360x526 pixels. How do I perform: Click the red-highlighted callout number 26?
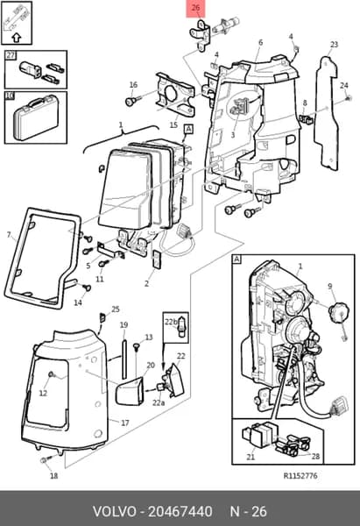point(195,7)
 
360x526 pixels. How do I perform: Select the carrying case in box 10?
point(35,117)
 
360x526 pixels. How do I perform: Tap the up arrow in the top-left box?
point(17,37)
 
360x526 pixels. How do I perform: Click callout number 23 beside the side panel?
point(335,45)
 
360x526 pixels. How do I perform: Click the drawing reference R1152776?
point(300,476)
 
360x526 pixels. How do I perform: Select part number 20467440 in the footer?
point(180,512)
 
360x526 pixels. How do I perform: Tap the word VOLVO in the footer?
point(115,512)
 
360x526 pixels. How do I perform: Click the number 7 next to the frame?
point(9,234)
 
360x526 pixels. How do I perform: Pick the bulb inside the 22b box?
point(181,328)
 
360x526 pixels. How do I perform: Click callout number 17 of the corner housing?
point(125,423)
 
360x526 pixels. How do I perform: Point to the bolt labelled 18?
point(46,460)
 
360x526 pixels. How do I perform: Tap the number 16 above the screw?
point(133,85)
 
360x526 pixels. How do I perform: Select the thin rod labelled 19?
point(124,359)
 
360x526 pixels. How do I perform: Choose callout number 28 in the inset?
point(315,456)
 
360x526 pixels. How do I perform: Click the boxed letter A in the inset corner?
point(237,259)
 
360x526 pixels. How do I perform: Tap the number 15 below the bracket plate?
point(173,125)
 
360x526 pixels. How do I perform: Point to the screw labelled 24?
point(349,98)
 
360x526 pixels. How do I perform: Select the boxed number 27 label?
point(11,54)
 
